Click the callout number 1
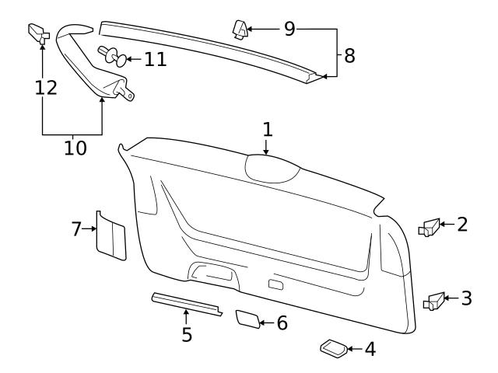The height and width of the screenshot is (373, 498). [x=267, y=129]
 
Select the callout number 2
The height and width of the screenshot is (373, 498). [x=462, y=225]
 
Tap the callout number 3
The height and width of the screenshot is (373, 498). [x=466, y=298]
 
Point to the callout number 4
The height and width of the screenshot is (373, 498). [x=370, y=350]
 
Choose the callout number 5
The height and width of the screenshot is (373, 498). [x=187, y=335]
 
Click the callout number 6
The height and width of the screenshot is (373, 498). [x=282, y=322]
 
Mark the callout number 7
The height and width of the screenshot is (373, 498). [x=76, y=228]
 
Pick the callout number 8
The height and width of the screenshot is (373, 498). [x=349, y=56]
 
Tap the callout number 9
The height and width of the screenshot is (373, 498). [x=289, y=30]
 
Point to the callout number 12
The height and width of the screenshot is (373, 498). [x=46, y=87]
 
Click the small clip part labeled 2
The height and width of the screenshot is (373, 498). [x=430, y=228]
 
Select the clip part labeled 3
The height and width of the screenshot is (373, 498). [x=433, y=300]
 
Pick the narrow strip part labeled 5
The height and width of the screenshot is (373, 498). [x=187, y=303]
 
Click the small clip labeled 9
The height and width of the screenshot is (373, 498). [x=240, y=29]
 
